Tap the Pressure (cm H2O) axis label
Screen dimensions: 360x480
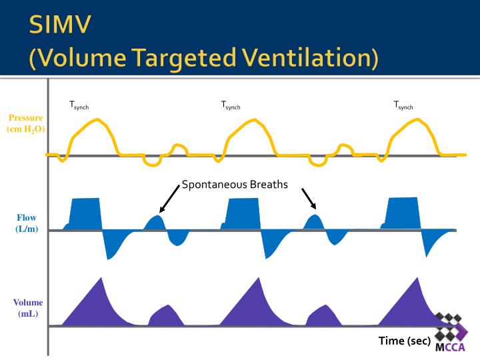point(26,123)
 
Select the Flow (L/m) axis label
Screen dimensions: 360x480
point(26,223)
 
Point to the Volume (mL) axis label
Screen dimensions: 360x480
point(27,307)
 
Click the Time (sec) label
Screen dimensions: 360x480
point(405,341)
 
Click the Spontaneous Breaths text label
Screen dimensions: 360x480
point(235,185)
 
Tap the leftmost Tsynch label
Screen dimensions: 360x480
point(79,105)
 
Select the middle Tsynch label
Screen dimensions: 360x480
point(231,105)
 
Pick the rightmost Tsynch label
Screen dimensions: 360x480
point(403,105)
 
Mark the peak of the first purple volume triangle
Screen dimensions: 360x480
point(100,278)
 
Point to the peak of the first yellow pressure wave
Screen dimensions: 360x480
point(98,120)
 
